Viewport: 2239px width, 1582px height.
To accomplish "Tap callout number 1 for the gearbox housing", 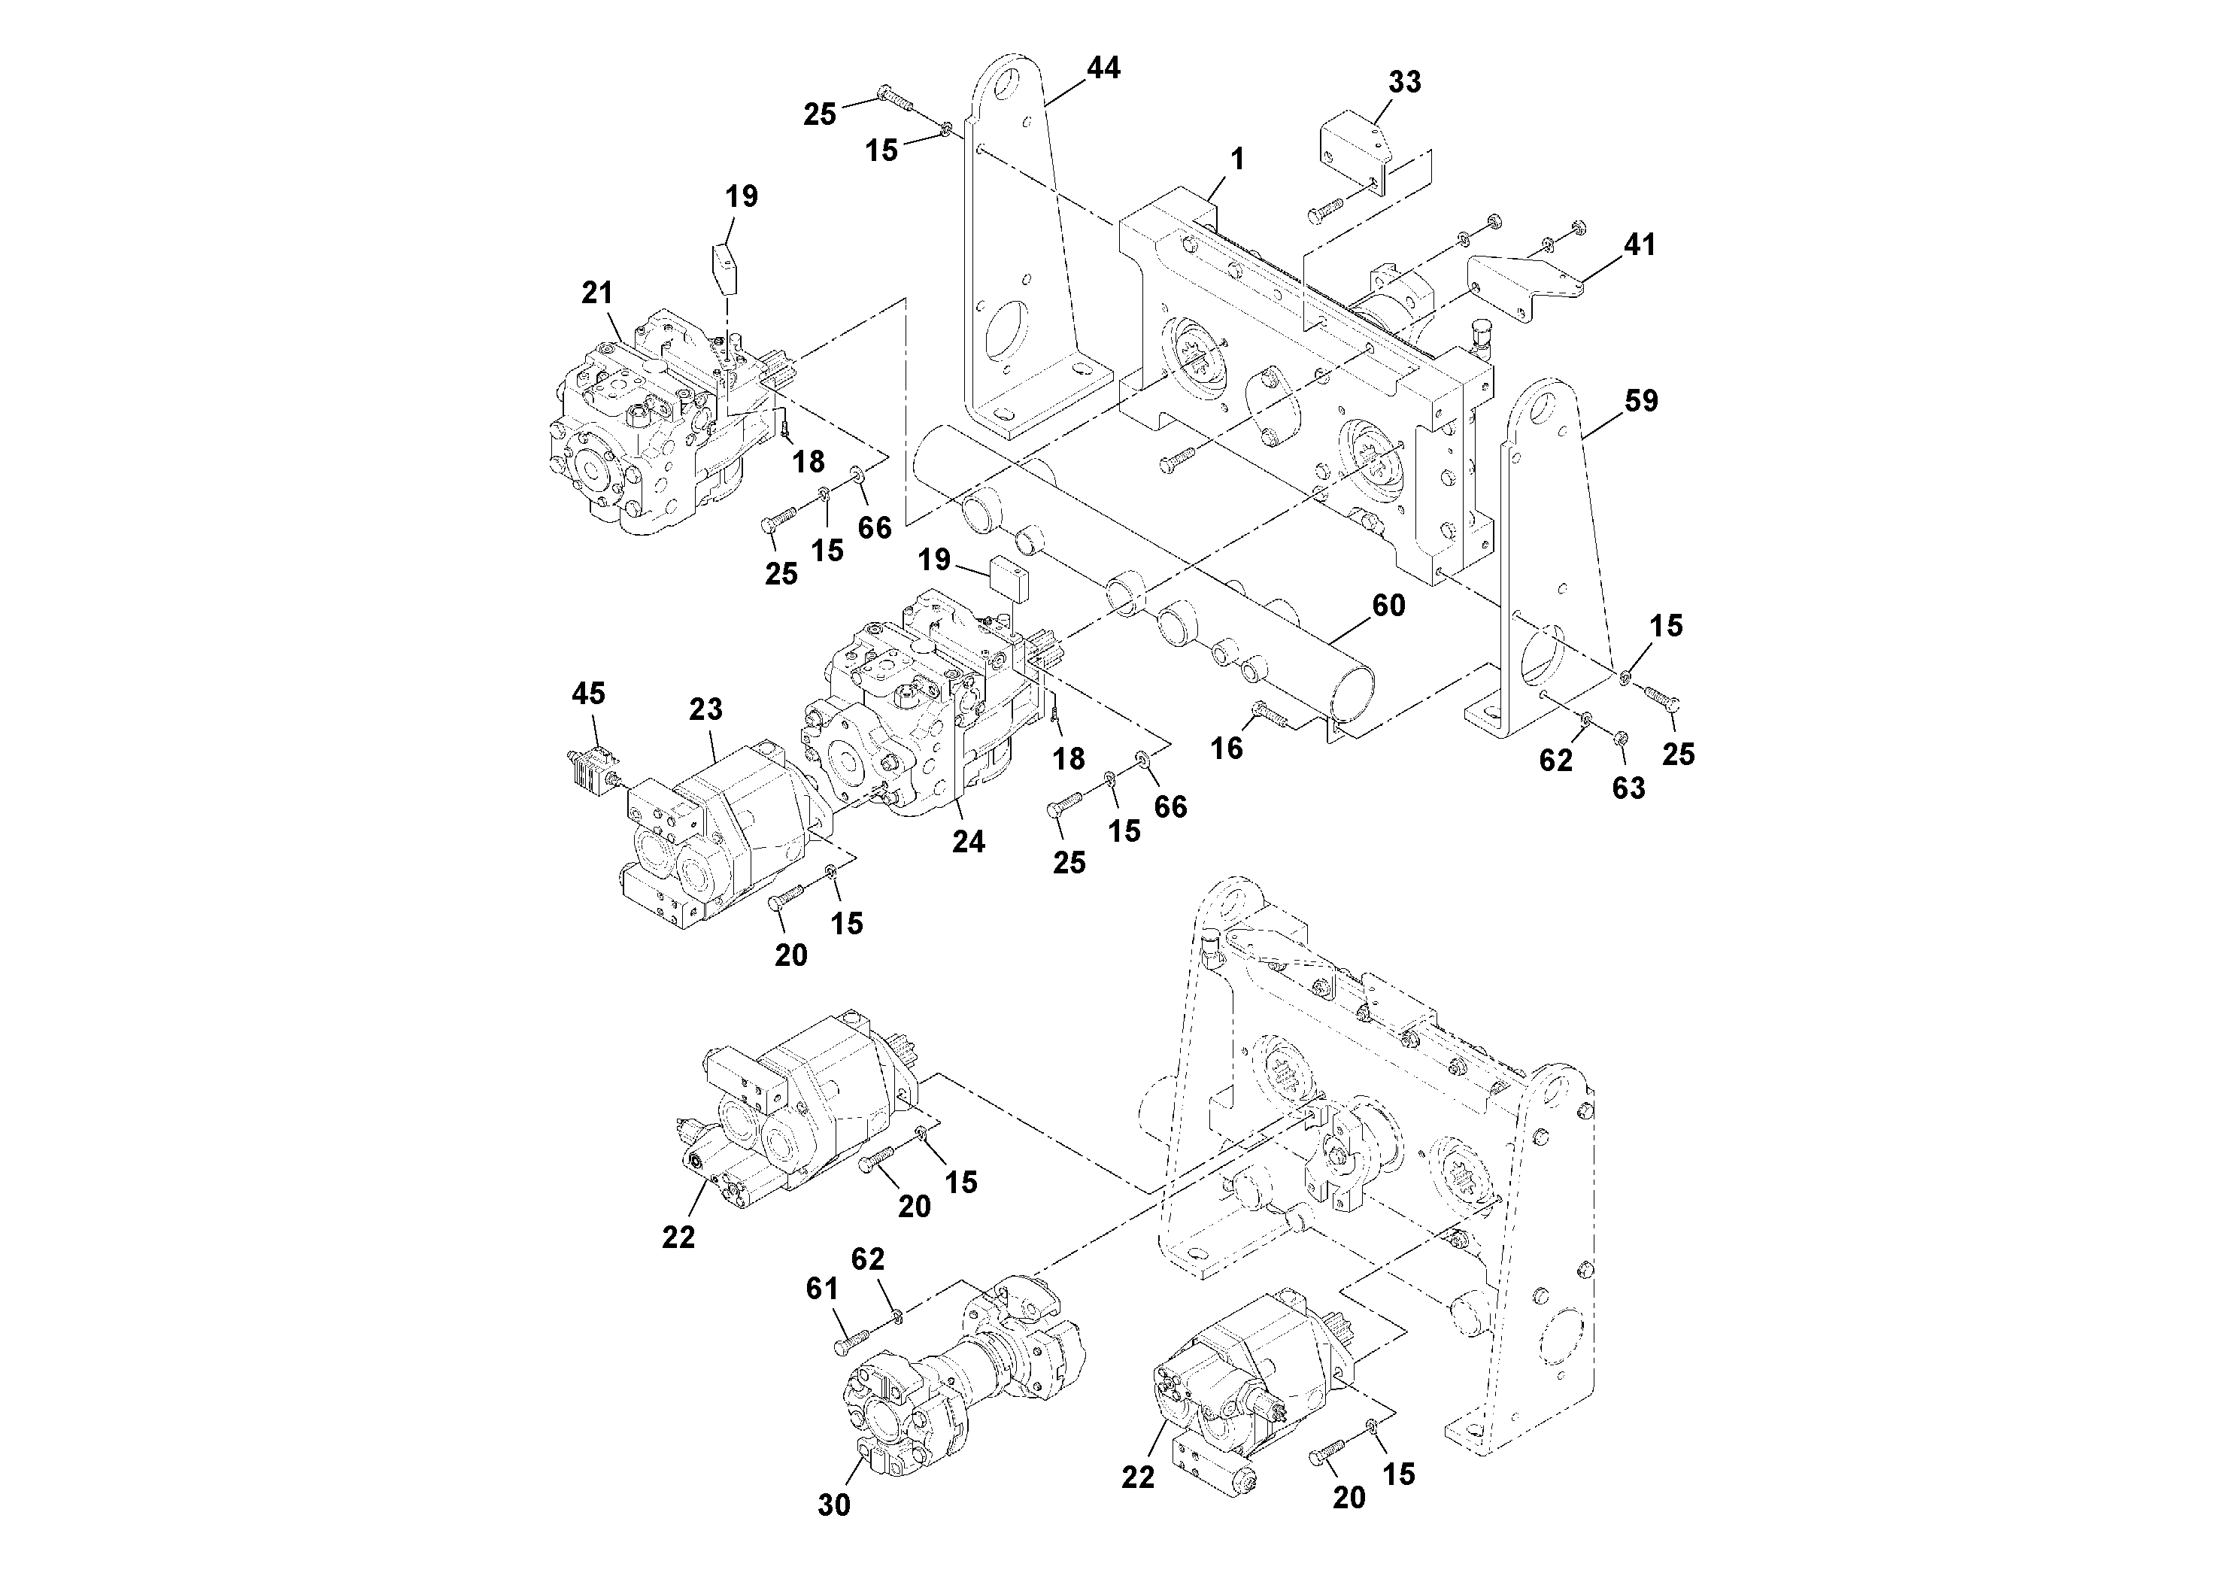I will pyautogui.click(x=1237, y=159).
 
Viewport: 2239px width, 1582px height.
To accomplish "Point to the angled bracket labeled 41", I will pyautogui.click(x=1521, y=284).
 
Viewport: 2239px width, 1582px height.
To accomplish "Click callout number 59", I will pyautogui.click(x=1641, y=401).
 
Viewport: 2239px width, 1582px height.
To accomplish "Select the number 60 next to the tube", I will pyautogui.click(x=1388, y=606).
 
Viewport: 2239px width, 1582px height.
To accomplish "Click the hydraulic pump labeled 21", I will pyautogui.click(x=644, y=429).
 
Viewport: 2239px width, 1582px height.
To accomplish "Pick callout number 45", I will pyautogui.click(x=588, y=694).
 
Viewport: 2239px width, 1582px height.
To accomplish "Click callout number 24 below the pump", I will pyautogui.click(x=969, y=841).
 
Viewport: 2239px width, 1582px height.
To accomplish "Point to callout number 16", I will pyautogui.click(x=1227, y=748).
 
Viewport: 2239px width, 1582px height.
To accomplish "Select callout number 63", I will pyautogui.click(x=1628, y=788).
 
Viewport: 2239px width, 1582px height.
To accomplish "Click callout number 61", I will pyautogui.click(x=821, y=1289).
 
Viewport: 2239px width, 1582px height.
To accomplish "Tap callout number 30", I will pyautogui.click(x=834, y=1505).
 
